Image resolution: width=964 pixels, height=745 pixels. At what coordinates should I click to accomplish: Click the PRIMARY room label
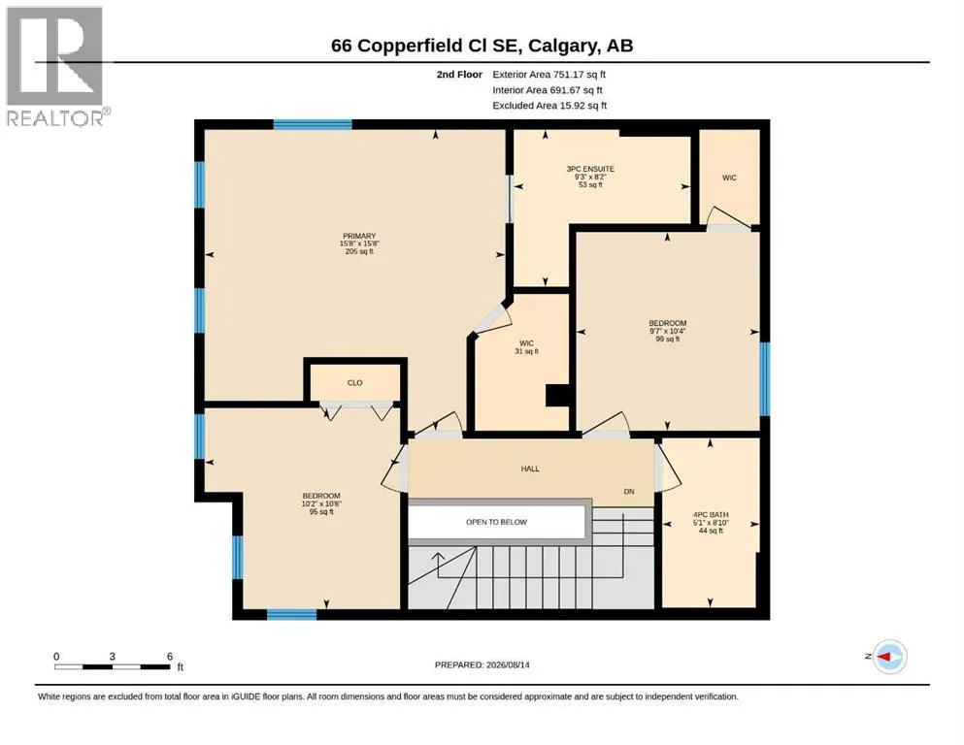pyautogui.click(x=359, y=236)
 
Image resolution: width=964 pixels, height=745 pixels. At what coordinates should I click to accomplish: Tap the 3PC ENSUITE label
pyautogui.click(x=590, y=169)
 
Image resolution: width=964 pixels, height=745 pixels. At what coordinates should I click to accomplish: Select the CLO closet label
pyautogui.click(x=354, y=382)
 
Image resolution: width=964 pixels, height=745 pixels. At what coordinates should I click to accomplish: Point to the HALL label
pyautogui.click(x=530, y=469)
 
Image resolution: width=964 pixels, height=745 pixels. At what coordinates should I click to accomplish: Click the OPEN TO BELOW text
pyautogui.click(x=496, y=522)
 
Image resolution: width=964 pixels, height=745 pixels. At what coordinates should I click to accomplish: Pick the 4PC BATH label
pyautogui.click(x=711, y=515)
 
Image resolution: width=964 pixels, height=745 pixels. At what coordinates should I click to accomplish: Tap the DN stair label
pyautogui.click(x=629, y=492)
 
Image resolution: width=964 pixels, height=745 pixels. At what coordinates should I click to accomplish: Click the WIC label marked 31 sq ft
pyautogui.click(x=526, y=343)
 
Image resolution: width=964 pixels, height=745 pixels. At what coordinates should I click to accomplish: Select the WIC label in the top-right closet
pyautogui.click(x=729, y=178)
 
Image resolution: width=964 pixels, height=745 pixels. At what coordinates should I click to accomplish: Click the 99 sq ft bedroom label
pyautogui.click(x=668, y=323)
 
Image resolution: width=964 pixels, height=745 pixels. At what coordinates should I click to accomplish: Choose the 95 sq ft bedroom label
pyautogui.click(x=321, y=496)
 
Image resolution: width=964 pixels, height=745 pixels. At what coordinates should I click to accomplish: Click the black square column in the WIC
pyautogui.click(x=557, y=396)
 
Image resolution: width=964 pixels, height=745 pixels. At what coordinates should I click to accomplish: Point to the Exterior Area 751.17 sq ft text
pyautogui.click(x=549, y=75)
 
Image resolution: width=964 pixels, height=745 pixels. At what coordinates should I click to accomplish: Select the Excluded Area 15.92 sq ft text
pyautogui.click(x=549, y=106)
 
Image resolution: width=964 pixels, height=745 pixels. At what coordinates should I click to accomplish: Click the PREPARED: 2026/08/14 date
pyautogui.click(x=482, y=664)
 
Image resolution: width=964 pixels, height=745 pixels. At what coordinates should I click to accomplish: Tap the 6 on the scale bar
pyautogui.click(x=170, y=656)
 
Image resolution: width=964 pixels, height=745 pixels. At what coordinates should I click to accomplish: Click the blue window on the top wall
pyautogui.click(x=313, y=125)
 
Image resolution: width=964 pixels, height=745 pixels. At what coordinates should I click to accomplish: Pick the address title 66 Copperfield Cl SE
pyautogui.click(x=427, y=46)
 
